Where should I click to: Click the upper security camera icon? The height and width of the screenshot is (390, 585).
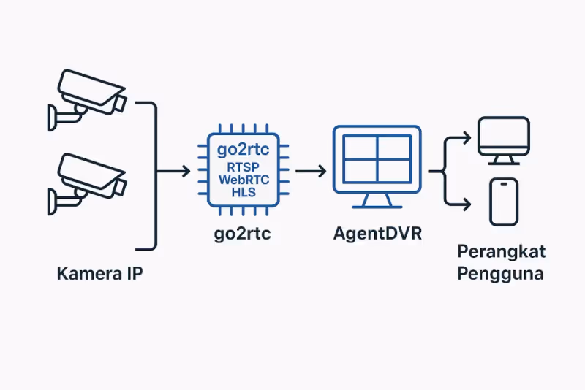click(86, 93)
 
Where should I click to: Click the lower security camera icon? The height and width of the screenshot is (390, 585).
click(86, 177)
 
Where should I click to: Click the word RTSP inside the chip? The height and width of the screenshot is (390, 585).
click(239, 167)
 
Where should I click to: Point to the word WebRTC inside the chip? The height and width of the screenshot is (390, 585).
click(239, 180)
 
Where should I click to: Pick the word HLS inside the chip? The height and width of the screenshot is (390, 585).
click(239, 193)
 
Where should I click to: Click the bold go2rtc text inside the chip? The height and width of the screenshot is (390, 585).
click(239, 152)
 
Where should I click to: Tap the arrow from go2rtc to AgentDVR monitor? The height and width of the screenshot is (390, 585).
click(310, 172)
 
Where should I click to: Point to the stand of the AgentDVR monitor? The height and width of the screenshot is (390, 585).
click(377, 199)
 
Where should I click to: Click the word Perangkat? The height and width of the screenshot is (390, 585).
click(501, 252)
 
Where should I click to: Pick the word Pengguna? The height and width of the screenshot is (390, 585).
click(501, 274)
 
